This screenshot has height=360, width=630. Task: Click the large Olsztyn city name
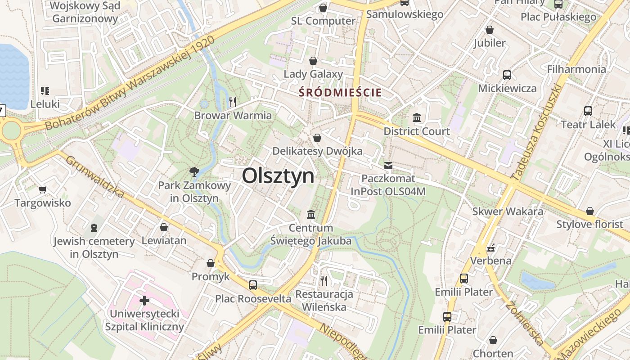tap(278, 175)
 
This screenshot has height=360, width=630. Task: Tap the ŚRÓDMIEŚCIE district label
tap(340, 93)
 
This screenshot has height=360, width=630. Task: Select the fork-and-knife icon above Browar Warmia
tap(233, 102)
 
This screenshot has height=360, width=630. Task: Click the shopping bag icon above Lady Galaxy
tap(313, 61)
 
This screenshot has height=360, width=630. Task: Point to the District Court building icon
tap(417, 118)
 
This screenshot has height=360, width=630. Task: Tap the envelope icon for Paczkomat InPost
tap(388, 166)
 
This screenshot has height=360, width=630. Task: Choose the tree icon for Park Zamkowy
tap(194, 171)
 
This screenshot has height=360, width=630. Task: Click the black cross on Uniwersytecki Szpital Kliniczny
tap(144, 300)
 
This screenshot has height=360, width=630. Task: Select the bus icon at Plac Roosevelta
tap(253, 285)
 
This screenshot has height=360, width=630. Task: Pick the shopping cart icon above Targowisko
tap(42, 189)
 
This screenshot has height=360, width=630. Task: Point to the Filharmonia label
tap(576, 69)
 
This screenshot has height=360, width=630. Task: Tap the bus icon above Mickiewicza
tap(507, 75)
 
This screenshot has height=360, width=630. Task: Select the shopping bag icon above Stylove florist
tap(589, 211)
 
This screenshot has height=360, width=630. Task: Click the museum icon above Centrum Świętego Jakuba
tap(311, 214)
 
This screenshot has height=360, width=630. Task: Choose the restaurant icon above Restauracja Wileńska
tap(324, 281)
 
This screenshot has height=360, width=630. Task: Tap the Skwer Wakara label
tap(508, 211)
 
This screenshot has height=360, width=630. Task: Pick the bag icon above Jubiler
tap(490, 30)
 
